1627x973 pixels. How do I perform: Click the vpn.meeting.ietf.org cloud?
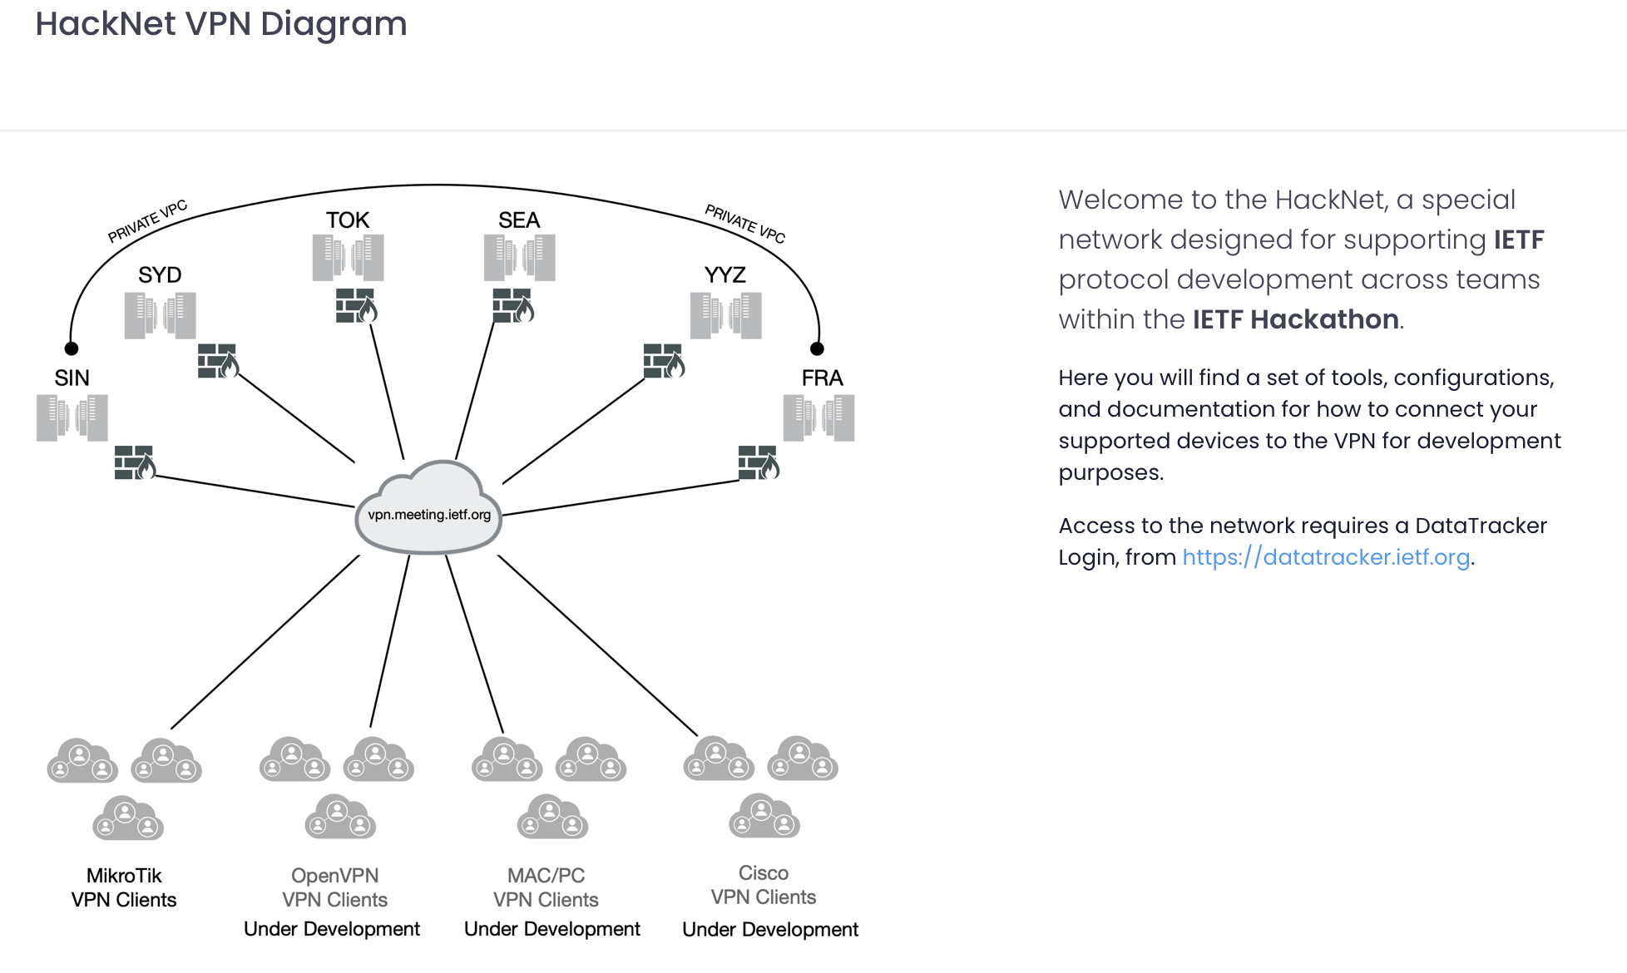tap(428, 509)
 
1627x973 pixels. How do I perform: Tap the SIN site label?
tap(72, 378)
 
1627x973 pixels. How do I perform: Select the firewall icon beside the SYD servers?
tap(218, 361)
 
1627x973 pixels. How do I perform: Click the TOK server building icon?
tap(348, 258)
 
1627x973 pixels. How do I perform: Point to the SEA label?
tap(519, 220)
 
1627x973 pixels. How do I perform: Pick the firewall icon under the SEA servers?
tap(512, 305)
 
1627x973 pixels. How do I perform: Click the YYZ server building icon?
tap(725, 316)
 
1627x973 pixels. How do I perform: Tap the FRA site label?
tap(822, 378)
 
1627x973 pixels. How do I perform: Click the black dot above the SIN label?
tap(72, 348)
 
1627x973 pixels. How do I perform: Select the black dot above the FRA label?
tap(817, 348)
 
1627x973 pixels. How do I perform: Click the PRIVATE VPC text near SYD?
tap(147, 221)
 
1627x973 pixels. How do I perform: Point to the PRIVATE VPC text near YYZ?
tap(744, 224)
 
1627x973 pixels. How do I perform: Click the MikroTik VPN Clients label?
tap(124, 887)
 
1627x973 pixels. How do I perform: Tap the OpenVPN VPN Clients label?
tap(334, 887)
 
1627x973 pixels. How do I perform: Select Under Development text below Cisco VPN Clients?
tap(770, 930)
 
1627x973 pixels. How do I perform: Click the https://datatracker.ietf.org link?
tap(1326, 557)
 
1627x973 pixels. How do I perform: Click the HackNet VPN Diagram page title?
tap(221, 24)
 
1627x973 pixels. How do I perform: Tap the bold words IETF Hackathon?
tap(1295, 319)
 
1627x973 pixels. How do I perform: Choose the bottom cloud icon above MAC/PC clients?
tap(552, 817)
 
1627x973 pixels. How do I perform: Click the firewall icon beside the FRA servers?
tap(758, 463)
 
